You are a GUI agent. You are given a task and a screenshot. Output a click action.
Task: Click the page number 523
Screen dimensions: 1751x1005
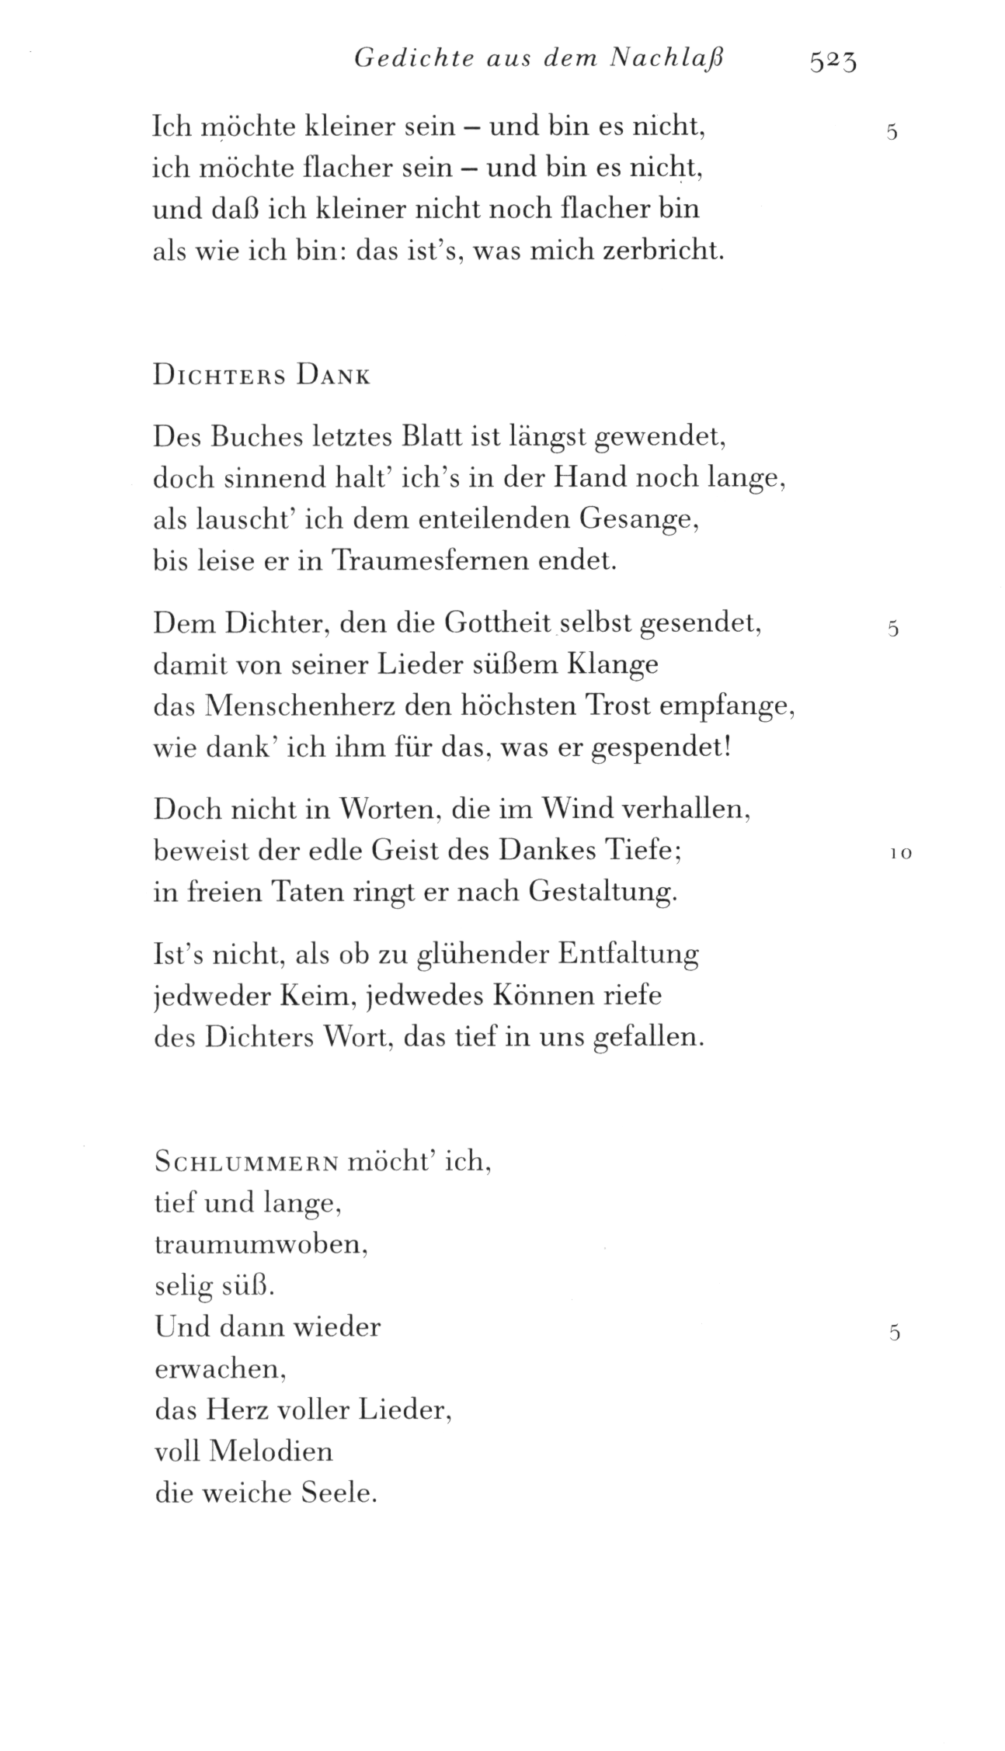coord(832,60)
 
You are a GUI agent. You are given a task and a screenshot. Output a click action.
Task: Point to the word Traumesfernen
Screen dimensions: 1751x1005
coord(430,560)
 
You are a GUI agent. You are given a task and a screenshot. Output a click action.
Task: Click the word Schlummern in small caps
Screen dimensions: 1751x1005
coord(246,1163)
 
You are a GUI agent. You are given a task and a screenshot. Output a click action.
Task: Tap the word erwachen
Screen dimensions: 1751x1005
coord(221,1369)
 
